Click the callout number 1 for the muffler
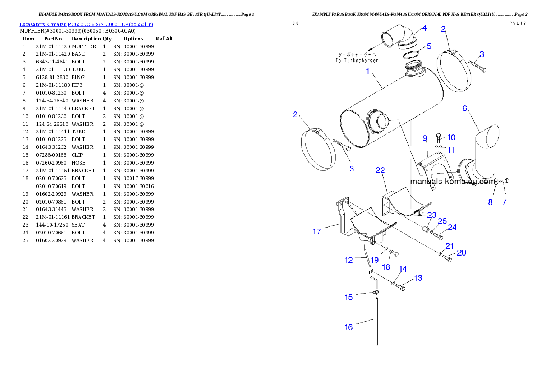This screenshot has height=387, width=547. tap(368, 71)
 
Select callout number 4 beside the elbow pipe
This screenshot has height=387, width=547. tap(424, 28)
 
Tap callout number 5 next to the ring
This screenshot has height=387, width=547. tap(428, 46)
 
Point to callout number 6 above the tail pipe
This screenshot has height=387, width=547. tap(465, 108)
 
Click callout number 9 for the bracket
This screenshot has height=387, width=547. tap(425, 138)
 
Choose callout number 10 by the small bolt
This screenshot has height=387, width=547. tap(451, 137)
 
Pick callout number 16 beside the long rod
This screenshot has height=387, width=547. tap(349, 327)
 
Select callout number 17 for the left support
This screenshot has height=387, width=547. tap(317, 232)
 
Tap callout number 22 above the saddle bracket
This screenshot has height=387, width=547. tap(380, 171)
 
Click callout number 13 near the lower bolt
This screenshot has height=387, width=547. tap(418, 278)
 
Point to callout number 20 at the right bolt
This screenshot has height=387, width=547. tap(461, 253)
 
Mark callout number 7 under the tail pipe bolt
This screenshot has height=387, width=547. tap(504, 202)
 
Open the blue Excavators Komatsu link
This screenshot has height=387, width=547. tap(86, 24)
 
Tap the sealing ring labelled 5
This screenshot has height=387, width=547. tap(411, 56)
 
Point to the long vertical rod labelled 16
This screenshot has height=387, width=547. tap(377, 322)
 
